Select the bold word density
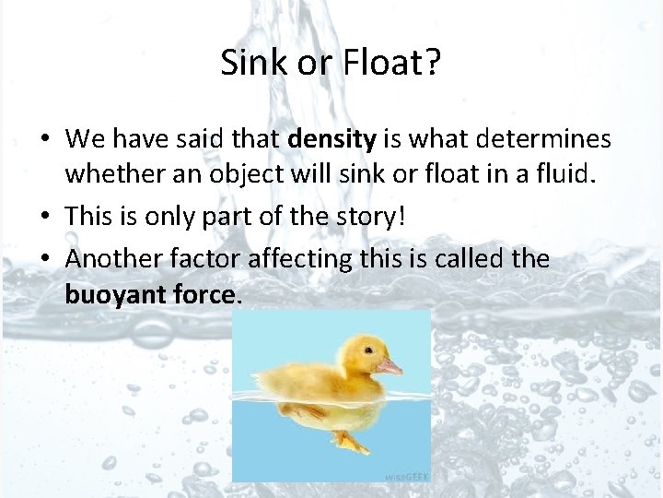pos(332,140)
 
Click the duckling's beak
pos(390,366)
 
